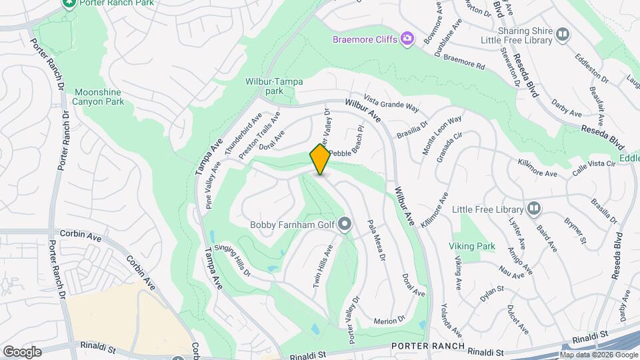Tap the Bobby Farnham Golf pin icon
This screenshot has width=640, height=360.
tap(345, 224)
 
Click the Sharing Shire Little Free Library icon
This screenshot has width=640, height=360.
tap(563, 35)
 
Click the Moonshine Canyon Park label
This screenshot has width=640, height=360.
tap(99, 97)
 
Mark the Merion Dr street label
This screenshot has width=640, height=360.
tap(390, 320)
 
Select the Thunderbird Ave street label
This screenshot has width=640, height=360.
tap(243, 135)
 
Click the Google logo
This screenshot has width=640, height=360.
tap(22, 352)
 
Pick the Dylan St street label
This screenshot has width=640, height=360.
tap(490, 291)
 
